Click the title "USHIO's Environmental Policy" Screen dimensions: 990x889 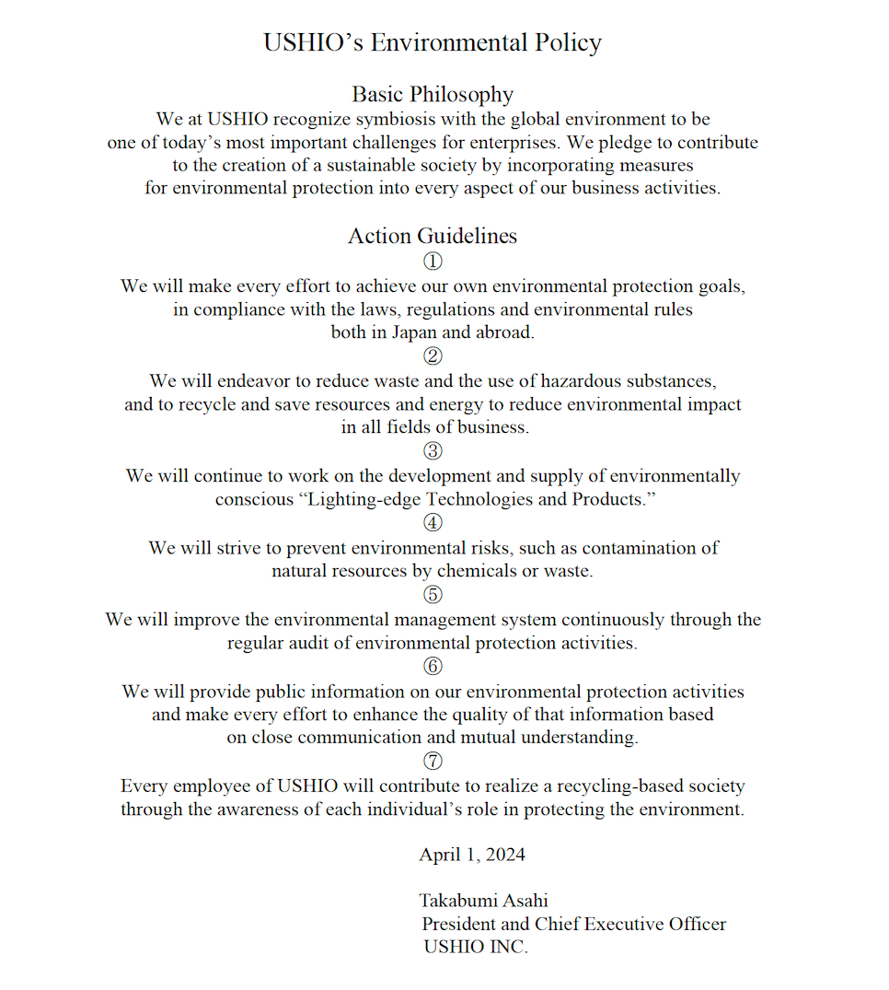click(x=433, y=43)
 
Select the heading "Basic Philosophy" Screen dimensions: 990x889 click(x=433, y=94)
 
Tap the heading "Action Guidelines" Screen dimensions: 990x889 click(x=433, y=236)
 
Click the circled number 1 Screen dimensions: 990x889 click(x=433, y=262)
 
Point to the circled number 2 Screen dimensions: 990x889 click(x=433, y=356)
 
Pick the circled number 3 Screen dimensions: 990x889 click(x=433, y=451)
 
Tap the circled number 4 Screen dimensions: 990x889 click(x=433, y=523)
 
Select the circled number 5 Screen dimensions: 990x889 click(x=433, y=595)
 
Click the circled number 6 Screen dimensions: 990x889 click(x=433, y=666)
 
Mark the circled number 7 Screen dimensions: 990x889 click(x=433, y=762)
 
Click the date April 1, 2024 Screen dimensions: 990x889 click(x=472, y=855)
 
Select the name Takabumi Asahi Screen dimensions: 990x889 click(x=484, y=901)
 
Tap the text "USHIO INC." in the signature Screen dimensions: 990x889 click(x=476, y=947)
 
